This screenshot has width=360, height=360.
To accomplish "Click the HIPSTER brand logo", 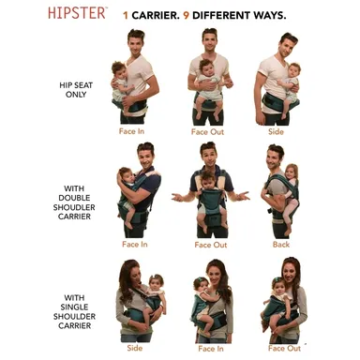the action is point(77,13).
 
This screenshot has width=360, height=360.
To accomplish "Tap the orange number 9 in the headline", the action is point(187,15).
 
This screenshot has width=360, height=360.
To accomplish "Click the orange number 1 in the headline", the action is point(126,15).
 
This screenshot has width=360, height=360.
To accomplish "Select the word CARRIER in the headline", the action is point(156,15).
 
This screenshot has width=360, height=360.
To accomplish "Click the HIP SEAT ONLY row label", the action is point(76,90).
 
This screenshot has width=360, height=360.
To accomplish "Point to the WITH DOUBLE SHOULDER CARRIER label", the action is point(74,202).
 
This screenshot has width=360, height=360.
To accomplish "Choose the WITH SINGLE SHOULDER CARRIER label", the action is point(74,311).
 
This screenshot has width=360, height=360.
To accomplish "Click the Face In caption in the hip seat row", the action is point(131,131).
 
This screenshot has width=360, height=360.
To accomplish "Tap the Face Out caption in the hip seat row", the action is point(207,131).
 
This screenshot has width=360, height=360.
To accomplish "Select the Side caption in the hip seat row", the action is point(276,131).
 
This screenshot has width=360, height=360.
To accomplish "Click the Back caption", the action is point(281,245).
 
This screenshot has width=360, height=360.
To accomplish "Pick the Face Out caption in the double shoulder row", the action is point(211,245).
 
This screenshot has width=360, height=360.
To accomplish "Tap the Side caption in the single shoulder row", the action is point(135,348).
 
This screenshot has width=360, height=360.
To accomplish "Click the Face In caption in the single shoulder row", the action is point(211,349).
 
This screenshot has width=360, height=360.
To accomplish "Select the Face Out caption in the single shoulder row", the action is point(284,348).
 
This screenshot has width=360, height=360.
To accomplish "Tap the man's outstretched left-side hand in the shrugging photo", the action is point(178,197).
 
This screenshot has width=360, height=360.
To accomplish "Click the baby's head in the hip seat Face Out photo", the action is point(206,67).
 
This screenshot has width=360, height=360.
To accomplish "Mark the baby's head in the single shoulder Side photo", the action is point(157,283).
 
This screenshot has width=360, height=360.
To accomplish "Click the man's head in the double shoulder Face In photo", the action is point(146,156).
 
